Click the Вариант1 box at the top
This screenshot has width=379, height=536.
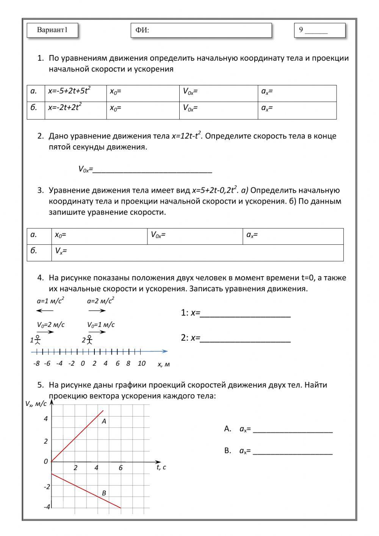pos(52,30)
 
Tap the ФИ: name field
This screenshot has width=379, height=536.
pos(201,30)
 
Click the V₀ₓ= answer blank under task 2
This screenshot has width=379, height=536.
pos(152,169)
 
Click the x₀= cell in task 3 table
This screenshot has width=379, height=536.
pos(99,236)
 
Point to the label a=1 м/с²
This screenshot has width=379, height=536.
pos(50,301)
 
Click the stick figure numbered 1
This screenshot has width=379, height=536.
pos(38,340)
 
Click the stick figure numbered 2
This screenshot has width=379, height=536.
pos(89,340)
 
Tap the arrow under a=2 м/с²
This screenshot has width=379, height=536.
pos(97,311)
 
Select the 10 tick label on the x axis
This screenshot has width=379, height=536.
pos(141,363)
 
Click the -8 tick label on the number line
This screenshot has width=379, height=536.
pos(36,363)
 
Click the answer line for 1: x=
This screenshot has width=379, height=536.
pos(245,314)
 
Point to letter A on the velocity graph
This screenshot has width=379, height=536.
pos(104,421)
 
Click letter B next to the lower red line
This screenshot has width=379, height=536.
pos(104,493)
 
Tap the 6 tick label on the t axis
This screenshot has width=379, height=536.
pos(121,468)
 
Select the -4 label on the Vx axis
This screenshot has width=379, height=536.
pos(47,507)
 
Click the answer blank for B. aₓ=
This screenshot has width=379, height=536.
pos(292,451)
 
